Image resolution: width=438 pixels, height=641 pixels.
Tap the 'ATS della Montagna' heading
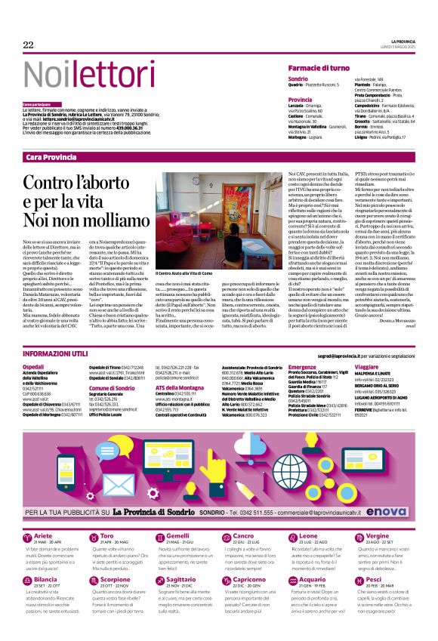tap(177, 387)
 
